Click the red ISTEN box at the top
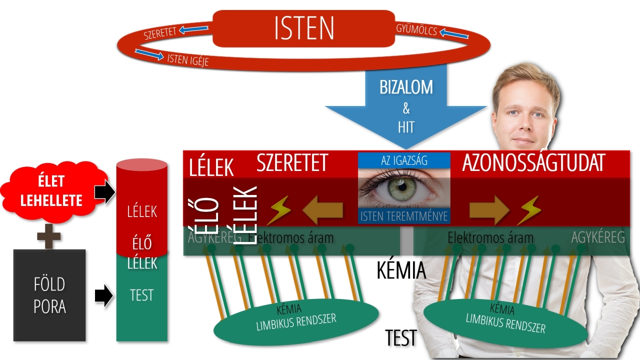coord(304,28)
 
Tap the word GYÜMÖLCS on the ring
coord(416,30)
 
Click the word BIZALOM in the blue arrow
coord(405,87)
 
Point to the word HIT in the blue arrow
coord(406,127)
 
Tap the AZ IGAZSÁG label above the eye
coord(404,160)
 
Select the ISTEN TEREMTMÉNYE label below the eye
coord(404,216)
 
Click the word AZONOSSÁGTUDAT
coord(533,163)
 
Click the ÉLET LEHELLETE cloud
coord(53,191)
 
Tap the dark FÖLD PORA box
coord(49,295)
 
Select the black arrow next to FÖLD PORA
coord(103,295)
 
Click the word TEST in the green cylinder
coord(141,295)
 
